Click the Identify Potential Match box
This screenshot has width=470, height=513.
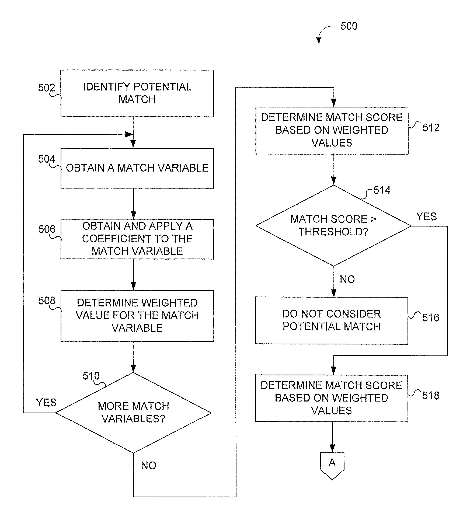(137, 93)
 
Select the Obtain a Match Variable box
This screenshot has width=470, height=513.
(137, 168)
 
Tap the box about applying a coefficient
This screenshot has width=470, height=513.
(137, 239)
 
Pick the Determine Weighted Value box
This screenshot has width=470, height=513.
(137, 316)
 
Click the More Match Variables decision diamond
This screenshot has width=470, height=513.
(134, 413)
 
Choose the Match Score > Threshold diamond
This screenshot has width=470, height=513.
(333, 225)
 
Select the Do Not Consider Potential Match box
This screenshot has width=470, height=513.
(332, 320)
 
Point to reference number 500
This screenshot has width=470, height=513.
(349, 26)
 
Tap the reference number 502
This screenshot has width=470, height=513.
(46, 88)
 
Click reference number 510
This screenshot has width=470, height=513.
(91, 376)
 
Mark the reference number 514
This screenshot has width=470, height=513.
(382, 190)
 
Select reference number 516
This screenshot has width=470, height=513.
(431, 318)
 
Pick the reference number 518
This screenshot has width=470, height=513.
(431, 396)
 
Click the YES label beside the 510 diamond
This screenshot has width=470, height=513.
(46, 403)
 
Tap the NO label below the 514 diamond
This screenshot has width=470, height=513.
(347, 280)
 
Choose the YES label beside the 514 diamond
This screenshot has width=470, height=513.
(426, 217)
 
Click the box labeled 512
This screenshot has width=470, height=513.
(332, 130)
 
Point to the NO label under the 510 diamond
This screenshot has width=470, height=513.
(149, 466)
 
